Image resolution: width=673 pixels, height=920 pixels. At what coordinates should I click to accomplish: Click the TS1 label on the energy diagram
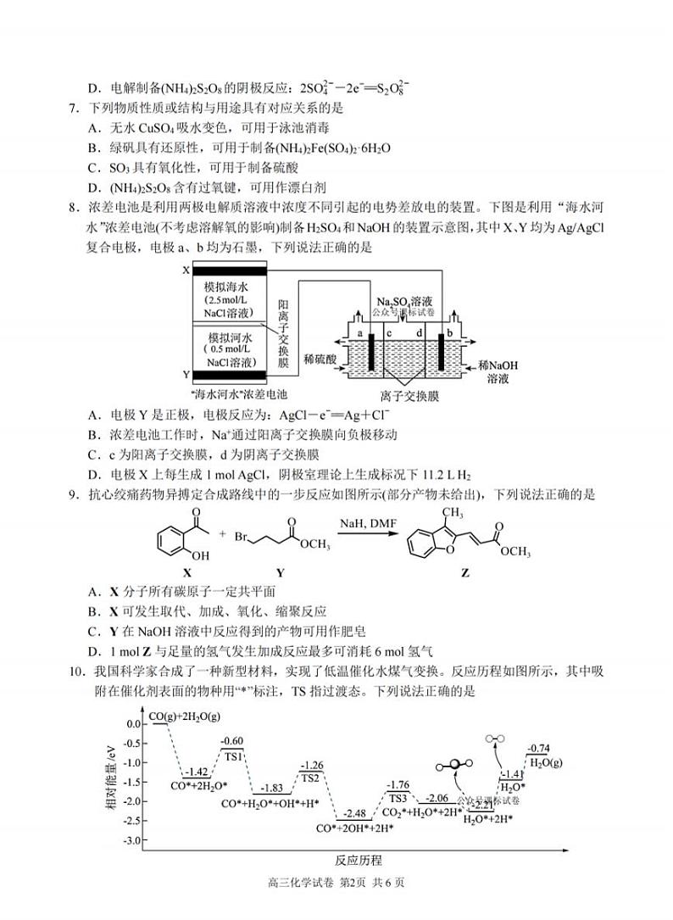click(233, 756)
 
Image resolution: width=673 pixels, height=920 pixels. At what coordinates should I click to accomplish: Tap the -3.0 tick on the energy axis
click(132, 840)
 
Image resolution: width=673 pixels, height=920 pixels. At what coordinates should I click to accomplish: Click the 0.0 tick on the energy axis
click(133, 724)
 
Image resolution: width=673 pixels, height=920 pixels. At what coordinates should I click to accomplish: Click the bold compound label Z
click(464, 572)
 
